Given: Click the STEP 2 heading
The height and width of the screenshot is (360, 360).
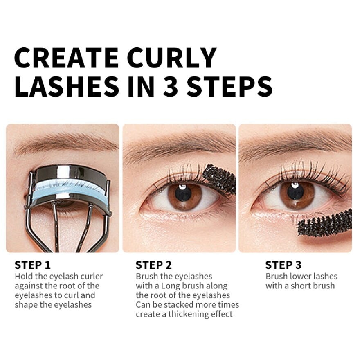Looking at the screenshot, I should coord(154,265).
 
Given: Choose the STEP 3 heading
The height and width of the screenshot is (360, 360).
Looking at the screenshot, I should coord(283,265).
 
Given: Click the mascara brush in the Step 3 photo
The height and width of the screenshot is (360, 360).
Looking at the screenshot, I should coord(325,223).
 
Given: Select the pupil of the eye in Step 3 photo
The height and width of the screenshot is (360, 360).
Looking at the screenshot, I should coord(295,191).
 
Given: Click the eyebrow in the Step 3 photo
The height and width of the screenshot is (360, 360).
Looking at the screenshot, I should coord(295,145).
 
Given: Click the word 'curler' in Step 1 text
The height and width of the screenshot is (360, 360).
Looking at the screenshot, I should coord(91,277).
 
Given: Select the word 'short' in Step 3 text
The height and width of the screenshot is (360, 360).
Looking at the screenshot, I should coord(301,286).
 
